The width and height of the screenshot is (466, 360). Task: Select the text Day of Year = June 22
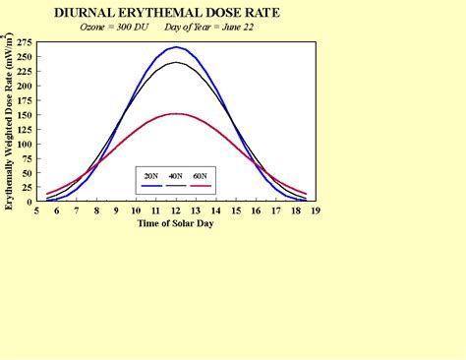(x=217, y=28)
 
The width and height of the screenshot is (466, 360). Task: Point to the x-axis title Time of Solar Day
(x=175, y=222)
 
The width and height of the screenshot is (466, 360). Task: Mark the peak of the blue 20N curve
(x=176, y=47)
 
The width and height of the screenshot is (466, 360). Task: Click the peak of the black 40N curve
(x=176, y=62)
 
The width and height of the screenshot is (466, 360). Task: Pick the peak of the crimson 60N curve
(x=176, y=114)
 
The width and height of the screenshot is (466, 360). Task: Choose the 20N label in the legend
(x=150, y=175)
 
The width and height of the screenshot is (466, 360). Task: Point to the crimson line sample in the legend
(x=201, y=185)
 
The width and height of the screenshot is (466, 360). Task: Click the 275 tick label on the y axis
(x=25, y=43)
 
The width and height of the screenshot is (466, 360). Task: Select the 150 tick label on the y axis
(x=25, y=114)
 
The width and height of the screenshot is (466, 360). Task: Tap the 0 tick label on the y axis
(x=30, y=201)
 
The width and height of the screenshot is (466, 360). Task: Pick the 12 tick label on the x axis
(x=176, y=210)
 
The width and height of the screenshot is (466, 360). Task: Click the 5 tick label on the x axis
(x=36, y=210)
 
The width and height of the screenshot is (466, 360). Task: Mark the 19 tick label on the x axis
(x=316, y=210)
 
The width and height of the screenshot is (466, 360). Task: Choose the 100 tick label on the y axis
(x=25, y=144)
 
